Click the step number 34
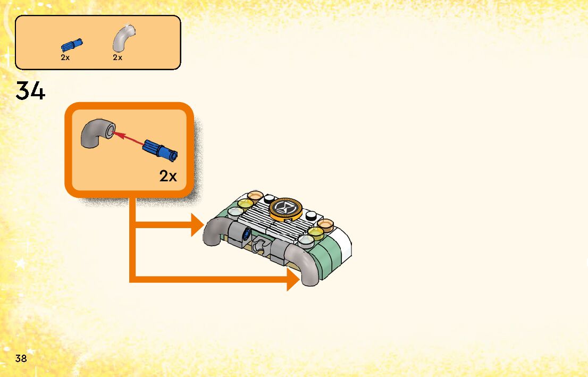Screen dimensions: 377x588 click(x=31, y=91)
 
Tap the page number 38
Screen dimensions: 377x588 click(x=21, y=358)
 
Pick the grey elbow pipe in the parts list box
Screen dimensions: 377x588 click(x=123, y=39)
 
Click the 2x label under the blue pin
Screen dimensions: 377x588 click(x=65, y=57)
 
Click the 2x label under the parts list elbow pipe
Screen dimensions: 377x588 click(x=117, y=57)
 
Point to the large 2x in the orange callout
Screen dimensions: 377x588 click(x=167, y=177)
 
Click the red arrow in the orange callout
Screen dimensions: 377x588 click(x=129, y=138)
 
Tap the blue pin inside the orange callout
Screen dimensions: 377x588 click(x=159, y=149)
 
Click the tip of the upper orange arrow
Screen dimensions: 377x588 click(x=203, y=225)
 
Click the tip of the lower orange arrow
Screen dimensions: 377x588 click(x=298, y=279)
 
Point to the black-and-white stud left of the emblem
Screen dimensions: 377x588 click(x=268, y=198)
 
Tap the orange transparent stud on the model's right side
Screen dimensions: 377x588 click(x=325, y=224)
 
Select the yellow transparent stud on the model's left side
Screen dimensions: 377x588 click(x=245, y=203)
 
